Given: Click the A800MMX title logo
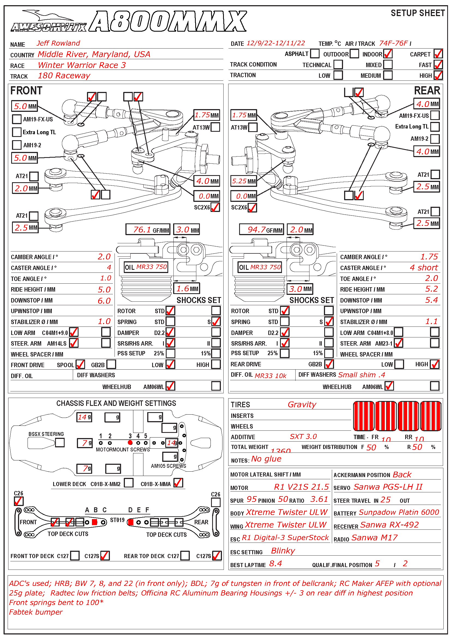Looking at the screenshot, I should click(x=168, y=21).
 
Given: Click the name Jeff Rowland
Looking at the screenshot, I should click(x=58, y=43).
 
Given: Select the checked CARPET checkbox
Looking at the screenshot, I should click(x=438, y=54).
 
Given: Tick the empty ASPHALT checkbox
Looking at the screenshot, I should click(x=315, y=53).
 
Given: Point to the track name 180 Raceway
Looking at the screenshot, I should click(x=64, y=76).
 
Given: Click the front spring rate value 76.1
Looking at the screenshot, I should click(x=142, y=229).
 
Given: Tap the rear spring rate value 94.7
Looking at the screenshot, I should click(x=256, y=229).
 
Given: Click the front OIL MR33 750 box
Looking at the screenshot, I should click(x=146, y=267).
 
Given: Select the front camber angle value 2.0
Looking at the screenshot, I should click(x=104, y=257).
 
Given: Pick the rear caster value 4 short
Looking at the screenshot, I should click(x=424, y=268).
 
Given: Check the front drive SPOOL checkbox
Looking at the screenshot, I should click(x=80, y=364).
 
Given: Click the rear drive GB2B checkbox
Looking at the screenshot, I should click(x=329, y=364).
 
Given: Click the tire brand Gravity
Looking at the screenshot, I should click(x=302, y=405).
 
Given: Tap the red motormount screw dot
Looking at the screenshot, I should click(x=130, y=443).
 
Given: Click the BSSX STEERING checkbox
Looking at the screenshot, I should click(x=60, y=442).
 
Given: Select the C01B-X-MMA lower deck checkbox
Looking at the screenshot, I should click(x=178, y=483).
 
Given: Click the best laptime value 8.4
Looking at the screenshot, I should click(x=275, y=564).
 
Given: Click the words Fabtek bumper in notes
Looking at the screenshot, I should click(x=36, y=612).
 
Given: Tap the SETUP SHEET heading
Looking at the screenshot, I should click(x=417, y=13).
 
